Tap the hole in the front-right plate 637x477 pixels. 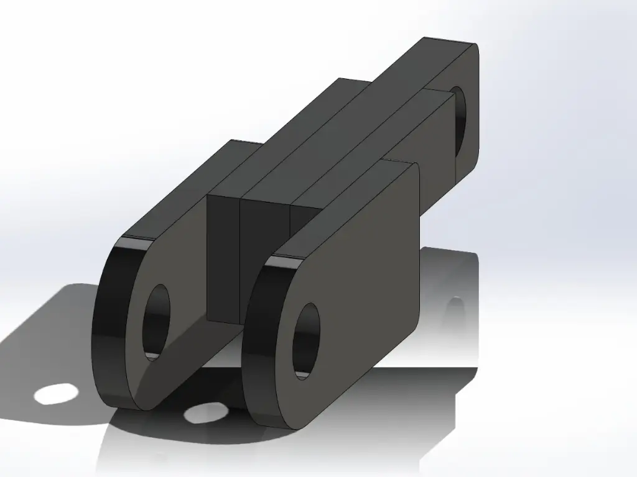pos(305,340)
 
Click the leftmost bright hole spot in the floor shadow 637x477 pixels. pos(56,394)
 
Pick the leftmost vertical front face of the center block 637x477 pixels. pos(223,258)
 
